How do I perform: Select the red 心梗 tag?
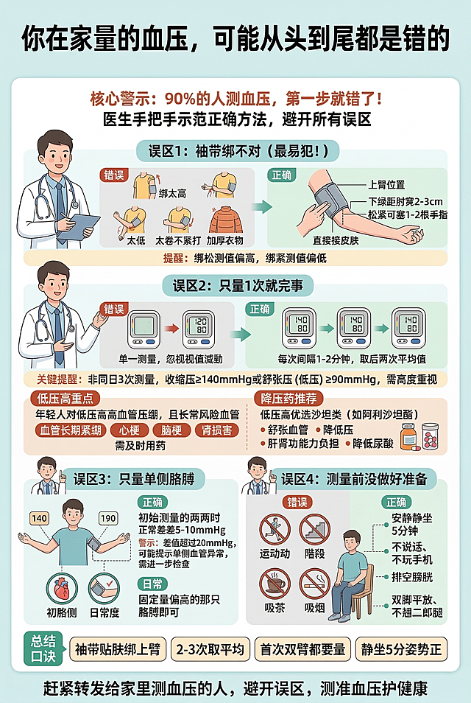point(129,430)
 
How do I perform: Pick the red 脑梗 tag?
point(172,430)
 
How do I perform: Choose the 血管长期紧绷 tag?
point(71,430)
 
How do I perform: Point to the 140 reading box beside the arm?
point(39,518)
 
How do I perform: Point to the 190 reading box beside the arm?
point(107,518)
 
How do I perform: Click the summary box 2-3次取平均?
point(210,649)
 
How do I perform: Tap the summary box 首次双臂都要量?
point(302,649)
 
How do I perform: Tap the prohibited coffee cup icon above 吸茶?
point(275,583)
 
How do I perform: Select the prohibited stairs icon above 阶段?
point(315,529)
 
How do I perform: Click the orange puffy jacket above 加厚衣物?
point(224,219)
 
